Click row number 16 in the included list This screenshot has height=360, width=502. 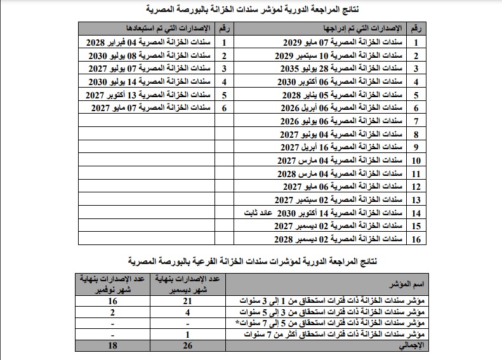[x=416, y=239]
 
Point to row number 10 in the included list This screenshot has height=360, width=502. [x=416, y=161]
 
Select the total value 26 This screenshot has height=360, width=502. [x=187, y=345]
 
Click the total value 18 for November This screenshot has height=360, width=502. [x=112, y=345]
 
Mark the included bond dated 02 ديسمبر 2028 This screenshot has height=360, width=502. [x=343, y=239]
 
